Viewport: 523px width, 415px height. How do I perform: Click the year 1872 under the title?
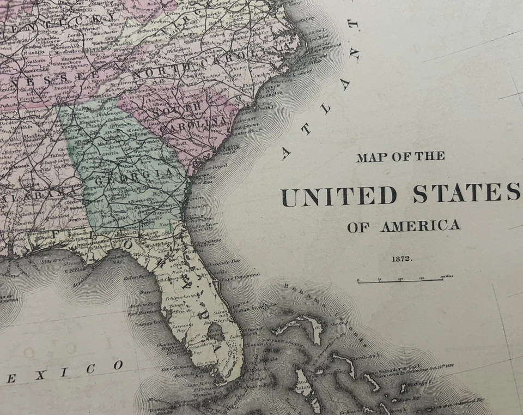pos(402,258)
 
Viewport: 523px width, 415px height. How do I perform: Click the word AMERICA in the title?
pos(419,226)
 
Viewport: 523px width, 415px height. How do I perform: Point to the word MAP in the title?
pos(370,158)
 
